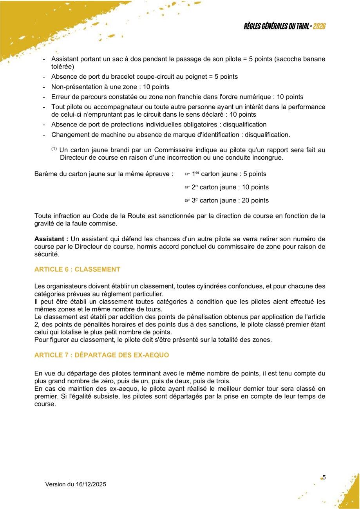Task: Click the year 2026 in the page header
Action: (x=320, y=26)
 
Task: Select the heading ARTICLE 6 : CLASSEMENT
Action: (x=77, y=269)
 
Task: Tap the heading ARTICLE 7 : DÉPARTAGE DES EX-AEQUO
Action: (x=101, y=355)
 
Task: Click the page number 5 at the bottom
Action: (x=324, y=477)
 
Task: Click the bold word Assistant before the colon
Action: (x=50, y=239)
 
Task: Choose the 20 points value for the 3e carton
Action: (x=255, y=200)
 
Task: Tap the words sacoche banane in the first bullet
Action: (x=300, y=59)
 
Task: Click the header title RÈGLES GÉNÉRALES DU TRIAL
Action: (x=277, y=26)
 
